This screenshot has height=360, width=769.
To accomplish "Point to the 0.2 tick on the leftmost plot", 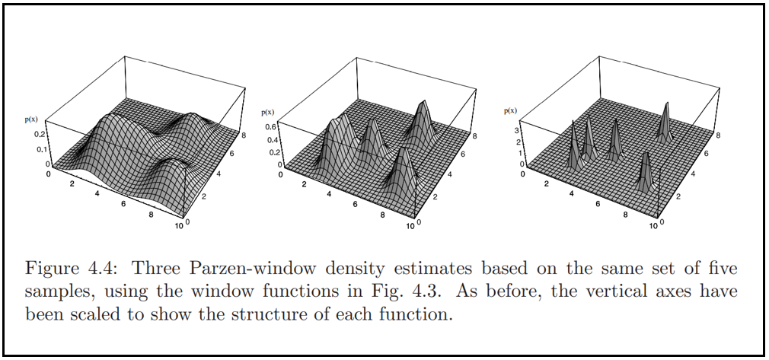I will (x=41, y=134).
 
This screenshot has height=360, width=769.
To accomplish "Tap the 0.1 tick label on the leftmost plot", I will (x=41, y=148).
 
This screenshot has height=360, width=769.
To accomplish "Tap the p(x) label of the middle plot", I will (x=267, y=112).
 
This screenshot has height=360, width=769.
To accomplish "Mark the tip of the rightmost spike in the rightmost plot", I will (x=666, y=103).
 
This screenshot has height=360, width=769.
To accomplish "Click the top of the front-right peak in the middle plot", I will (x=401, y=149).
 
